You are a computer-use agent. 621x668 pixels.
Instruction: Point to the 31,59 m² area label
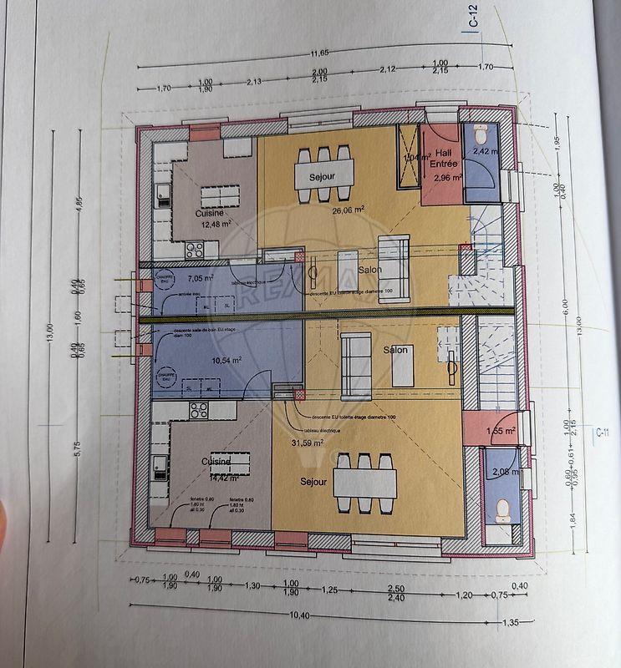click(x=307, y=443)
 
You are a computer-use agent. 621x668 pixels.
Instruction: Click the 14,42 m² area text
click(x=215, y=478)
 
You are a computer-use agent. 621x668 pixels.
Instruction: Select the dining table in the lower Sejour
click(x=364, y=481)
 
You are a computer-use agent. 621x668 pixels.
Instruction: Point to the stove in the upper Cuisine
click(x=195, y=248)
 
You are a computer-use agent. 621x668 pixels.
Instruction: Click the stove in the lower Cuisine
click(x=199, y=410)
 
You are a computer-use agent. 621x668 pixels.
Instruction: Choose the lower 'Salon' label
click(x=395, y=350)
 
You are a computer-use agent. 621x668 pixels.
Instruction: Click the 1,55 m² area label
click(x=501, y=431)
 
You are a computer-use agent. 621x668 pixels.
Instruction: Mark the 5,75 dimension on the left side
click(x=76, y=448)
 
